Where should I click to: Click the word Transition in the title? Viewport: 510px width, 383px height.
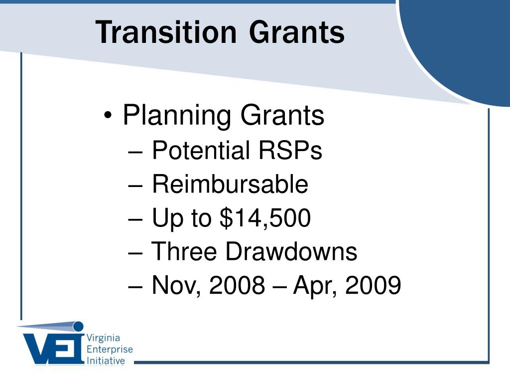[x=166, y=32]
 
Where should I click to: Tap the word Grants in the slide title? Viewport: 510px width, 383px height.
[x=297, y=32]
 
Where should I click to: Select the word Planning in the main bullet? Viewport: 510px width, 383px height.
[x=177, y=115]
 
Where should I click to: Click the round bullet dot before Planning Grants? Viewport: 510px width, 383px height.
[x=108, y=115]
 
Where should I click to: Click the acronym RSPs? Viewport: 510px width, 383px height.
[x=290, y=150]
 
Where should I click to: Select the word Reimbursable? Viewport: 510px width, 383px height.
[x=230, y=184]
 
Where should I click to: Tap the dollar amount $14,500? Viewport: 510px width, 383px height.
[x=265, y=218]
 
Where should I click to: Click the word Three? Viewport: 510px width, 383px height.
[x=184, y=251]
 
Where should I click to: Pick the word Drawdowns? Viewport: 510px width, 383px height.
[x=291, y=251]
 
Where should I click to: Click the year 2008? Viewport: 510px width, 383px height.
[x=237, y=285]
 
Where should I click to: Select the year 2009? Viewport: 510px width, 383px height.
[x=373, y=285]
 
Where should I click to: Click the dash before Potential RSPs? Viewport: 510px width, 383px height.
[x=135, y=152]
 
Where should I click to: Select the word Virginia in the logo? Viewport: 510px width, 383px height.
[x=103, y=338]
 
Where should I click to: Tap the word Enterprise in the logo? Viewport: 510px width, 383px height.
[x=110, y=350]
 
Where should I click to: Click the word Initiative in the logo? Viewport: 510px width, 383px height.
[x=106, y=361]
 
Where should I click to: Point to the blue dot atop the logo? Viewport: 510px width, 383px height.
[x=78, y=326]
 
